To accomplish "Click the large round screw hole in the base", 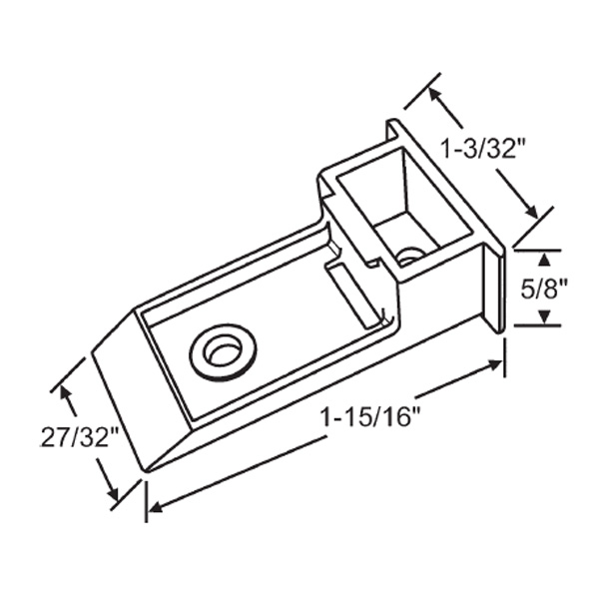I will point(223,351).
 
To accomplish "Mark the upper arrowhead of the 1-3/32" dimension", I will point(435,94).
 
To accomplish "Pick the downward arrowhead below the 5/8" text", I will point(545,316).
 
